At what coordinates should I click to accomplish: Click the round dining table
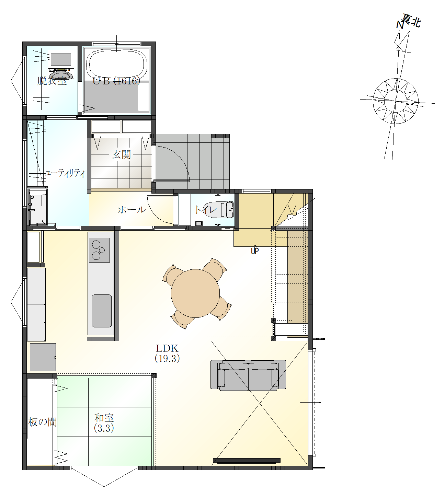tap(195, 293)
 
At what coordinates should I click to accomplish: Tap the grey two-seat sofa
tap(248, 375)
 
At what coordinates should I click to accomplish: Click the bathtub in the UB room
tap(116, 64)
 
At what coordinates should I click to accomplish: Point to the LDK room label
tap(167, 348)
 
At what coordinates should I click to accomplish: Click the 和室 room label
tap(104, 418)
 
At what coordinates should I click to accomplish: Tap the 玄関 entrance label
tap(121, 155)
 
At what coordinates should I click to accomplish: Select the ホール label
tap(132, 210)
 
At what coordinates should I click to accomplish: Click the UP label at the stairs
tap(255, 251)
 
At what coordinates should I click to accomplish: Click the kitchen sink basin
tap(102, 311)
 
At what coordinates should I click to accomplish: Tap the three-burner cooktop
tap(99, 250)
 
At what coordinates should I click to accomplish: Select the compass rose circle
tap(396, 101)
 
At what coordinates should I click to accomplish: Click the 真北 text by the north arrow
tap(411, 21)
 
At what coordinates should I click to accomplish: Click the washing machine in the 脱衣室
tap(61, 65)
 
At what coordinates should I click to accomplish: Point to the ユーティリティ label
tap(65, 173)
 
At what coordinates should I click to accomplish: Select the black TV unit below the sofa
tap(247, 460)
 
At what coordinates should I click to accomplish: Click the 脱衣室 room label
tap(52, 81)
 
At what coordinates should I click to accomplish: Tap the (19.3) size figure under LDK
tap(167, 359)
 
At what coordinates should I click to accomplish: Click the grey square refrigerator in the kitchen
tap(43, 357)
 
